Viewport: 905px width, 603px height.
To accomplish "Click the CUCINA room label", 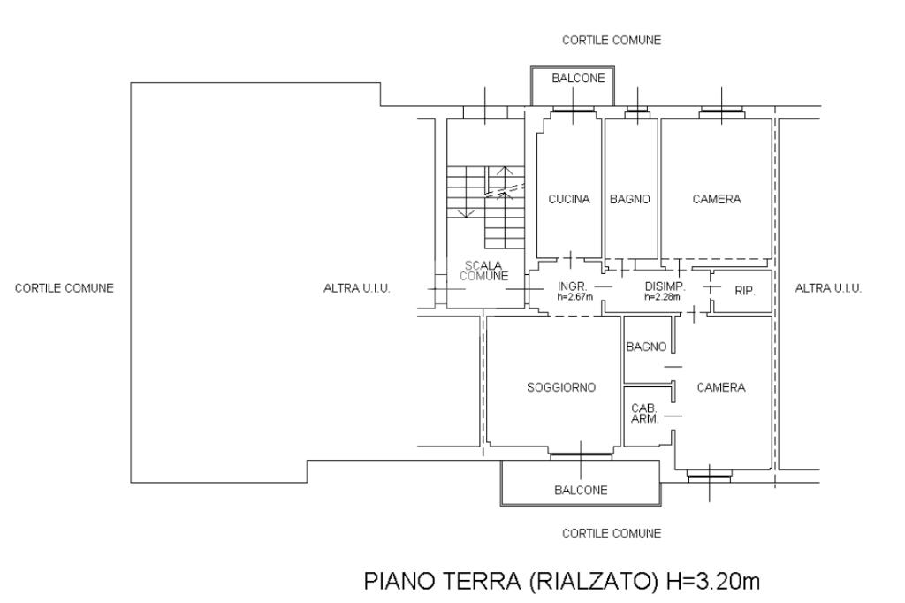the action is coord(569,200).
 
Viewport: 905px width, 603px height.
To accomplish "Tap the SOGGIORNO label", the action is coord(561,387).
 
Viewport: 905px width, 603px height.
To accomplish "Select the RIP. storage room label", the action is coord(745,289).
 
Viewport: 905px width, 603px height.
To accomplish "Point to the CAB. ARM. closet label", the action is coord(643,413).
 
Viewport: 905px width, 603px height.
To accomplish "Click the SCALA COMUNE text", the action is coord(483,271).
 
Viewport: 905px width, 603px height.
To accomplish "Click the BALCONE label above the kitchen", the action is coord(578,79).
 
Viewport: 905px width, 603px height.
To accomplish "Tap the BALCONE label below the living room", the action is coord(581,491).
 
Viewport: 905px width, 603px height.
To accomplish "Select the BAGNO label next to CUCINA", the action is coord(630,200).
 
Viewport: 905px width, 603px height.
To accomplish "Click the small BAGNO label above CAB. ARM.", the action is coord(646,347).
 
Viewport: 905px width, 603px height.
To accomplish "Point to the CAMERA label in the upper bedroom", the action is coord(717,200).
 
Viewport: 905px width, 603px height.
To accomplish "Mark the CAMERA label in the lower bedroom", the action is coord(721,387).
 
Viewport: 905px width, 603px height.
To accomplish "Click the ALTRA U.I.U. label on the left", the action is coord(357,288).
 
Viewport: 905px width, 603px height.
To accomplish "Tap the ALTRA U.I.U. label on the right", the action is coord(828,288).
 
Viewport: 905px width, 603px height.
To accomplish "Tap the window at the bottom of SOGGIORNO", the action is coord(581,454).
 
